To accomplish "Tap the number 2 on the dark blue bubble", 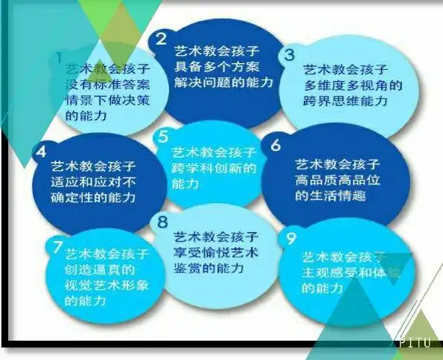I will [x=160, y=39].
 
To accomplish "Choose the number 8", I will [x=162, y=221].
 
